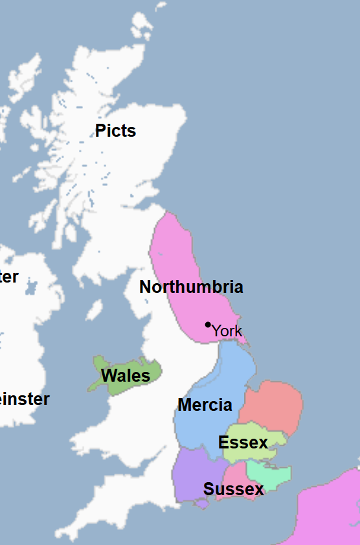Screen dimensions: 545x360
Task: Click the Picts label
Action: point(115,131)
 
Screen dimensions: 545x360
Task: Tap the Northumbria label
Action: point(191,287)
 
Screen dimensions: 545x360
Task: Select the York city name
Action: point(227,331)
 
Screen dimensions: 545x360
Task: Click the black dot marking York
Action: point(208,324)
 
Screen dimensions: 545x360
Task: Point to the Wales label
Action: point(126,376)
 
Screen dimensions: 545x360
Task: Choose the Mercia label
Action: point(205,405)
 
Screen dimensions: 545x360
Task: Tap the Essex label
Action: point(243,443)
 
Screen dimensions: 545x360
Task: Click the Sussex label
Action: point(234,489)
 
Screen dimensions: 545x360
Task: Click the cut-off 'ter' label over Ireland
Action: point(9,277)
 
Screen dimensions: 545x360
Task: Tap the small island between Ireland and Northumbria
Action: point(95,310)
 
